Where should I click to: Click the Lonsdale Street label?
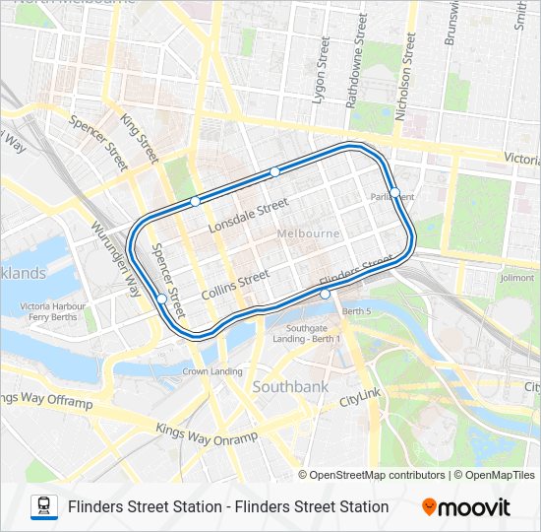[x=249, y=216]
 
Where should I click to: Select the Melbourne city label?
[x=308, y=233]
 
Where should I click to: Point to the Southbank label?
[x=290, y=387]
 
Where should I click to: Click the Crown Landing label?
[x=212, y=371]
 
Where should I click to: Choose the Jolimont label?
[x=516, y=278]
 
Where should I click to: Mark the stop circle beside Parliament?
[x=394, y=192]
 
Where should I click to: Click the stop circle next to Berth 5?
[x=325, y=294]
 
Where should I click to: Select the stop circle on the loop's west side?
[x=161, y=298]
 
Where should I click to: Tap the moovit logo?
[x=466, y=507]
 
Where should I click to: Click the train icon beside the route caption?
[x=44, y=507]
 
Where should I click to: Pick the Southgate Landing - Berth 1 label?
[x=313, y=333]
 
